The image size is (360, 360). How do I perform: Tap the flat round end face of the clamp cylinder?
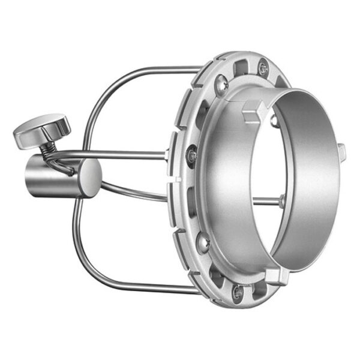[91, 178]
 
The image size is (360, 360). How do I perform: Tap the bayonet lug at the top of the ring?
[252, 112]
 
